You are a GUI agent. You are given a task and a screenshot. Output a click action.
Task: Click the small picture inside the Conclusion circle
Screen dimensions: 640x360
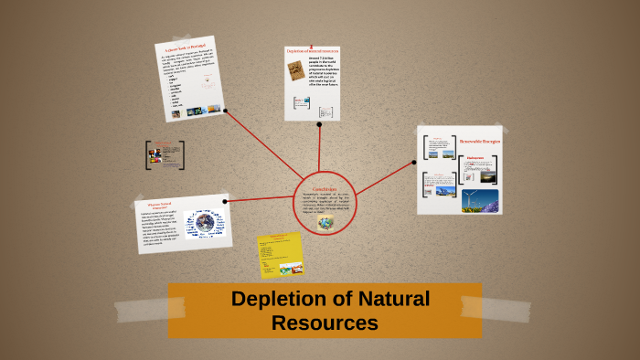(x=325, y=221)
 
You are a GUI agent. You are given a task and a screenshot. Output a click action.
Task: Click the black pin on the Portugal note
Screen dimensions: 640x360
(x=226, y=112)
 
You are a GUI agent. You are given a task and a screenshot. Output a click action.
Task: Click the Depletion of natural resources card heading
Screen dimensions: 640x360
(x=312, y=51)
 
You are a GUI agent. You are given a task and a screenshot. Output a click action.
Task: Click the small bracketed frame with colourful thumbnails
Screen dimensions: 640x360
(x=165, y=154)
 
